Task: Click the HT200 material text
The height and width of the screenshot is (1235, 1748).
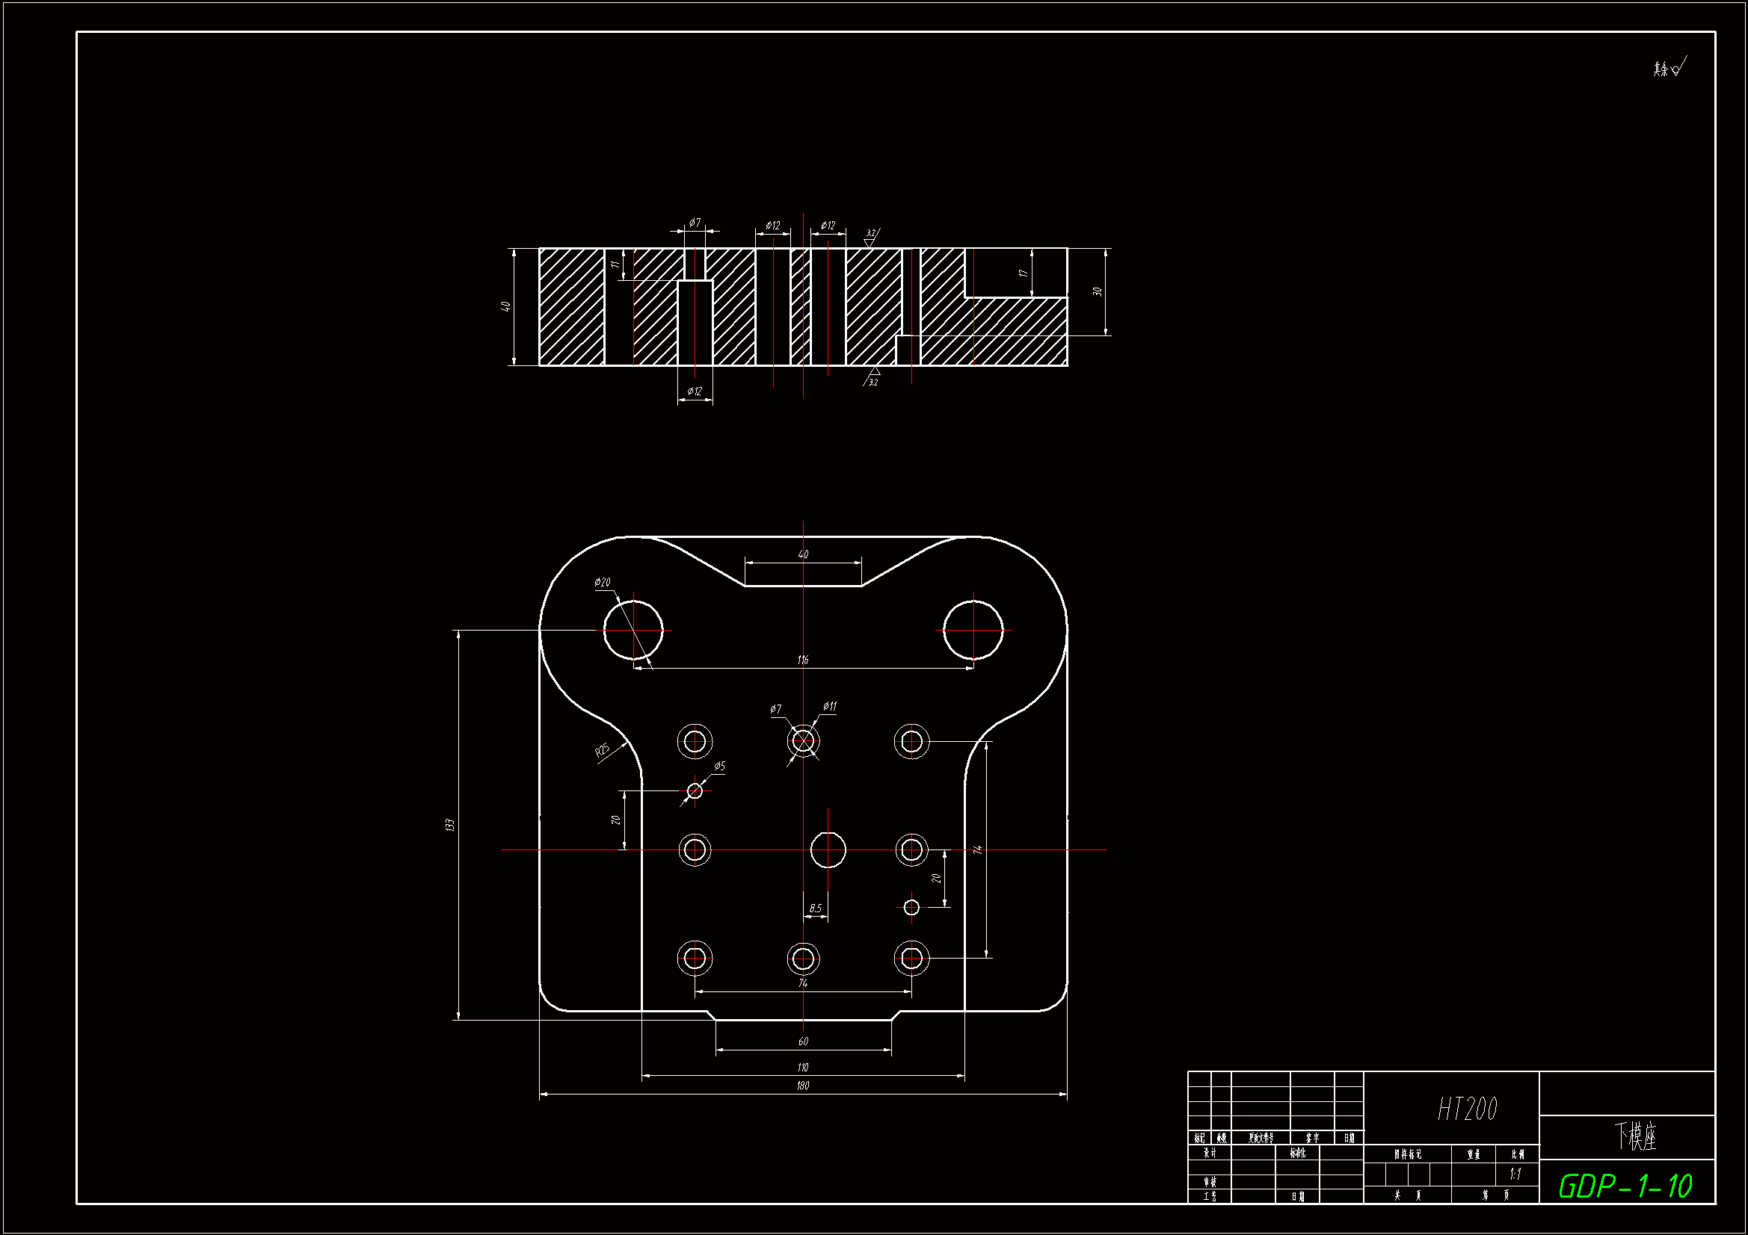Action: point(1467,1109)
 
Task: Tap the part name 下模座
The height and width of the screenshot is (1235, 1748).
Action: point(1635,1136)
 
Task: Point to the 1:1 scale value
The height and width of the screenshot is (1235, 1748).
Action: point(1515,1174)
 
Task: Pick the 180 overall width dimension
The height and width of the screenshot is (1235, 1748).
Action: point(802,1086)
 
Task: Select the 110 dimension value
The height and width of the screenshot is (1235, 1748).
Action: point(802,1068)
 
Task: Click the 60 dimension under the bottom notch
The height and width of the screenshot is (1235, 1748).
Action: point(803,1041)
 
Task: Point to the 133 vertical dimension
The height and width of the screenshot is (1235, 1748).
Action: point(450,825)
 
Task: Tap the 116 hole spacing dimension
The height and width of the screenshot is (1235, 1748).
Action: point(803,660)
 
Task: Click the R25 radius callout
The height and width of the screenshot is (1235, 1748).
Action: point(602,751)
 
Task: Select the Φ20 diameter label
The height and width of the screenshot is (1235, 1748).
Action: point(602,582)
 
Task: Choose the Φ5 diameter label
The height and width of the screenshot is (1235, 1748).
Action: point(719,767)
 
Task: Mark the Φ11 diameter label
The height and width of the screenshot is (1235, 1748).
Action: point(829,706)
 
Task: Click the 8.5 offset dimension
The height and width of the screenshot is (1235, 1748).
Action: point(816,909)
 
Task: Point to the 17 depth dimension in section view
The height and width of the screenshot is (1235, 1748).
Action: point(1024,273)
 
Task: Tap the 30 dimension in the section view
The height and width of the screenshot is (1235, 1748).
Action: point(1097,291)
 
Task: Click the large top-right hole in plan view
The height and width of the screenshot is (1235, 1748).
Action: point(973,630)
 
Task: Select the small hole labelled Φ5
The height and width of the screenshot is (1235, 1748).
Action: point(695,791)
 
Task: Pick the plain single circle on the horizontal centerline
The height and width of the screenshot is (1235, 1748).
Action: point(828,849)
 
